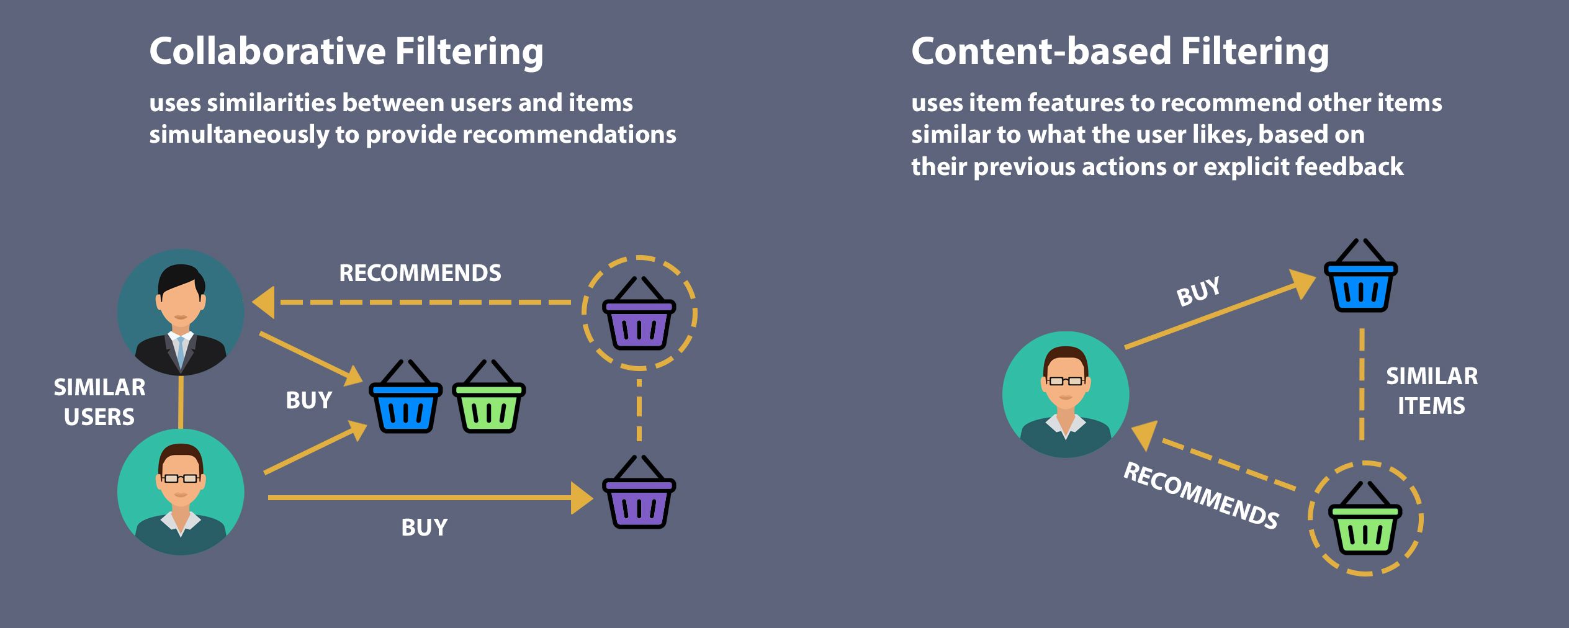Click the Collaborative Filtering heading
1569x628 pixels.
[346, 51]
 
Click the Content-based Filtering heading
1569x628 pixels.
[1120, 51]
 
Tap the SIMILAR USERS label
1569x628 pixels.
[99, 402]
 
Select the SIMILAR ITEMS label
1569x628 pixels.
[1432, 391]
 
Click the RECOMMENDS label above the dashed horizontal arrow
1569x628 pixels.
[420, 273]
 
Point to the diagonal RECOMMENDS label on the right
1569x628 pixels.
[1201, 496]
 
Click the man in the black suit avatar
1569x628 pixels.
[181, 312]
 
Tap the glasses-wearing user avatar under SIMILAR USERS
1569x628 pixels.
[181, 492]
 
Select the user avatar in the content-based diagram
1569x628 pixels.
[1066, 395]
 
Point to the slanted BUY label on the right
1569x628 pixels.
[1198, 291]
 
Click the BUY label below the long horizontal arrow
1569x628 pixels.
[424, 527]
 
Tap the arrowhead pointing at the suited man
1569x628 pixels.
[263, 303]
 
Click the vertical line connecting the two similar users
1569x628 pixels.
[181, 402]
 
